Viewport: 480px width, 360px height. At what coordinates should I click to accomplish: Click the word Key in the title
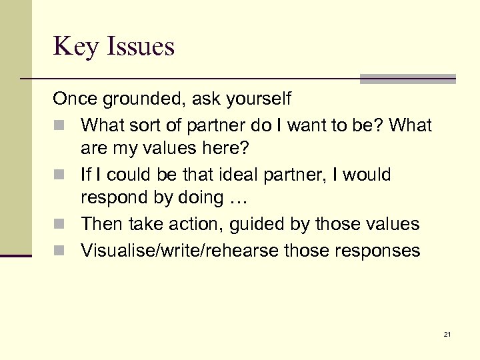pyautogui.click(x=75, y=47)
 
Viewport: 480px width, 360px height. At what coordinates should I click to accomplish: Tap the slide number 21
pyautogui.click(x=447, y=334)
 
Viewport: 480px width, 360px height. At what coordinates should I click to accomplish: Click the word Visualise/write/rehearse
pyautogui.click(x=179, y=250)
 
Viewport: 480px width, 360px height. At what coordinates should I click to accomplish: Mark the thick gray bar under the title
pyautogui.click(x=407, y=79)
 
